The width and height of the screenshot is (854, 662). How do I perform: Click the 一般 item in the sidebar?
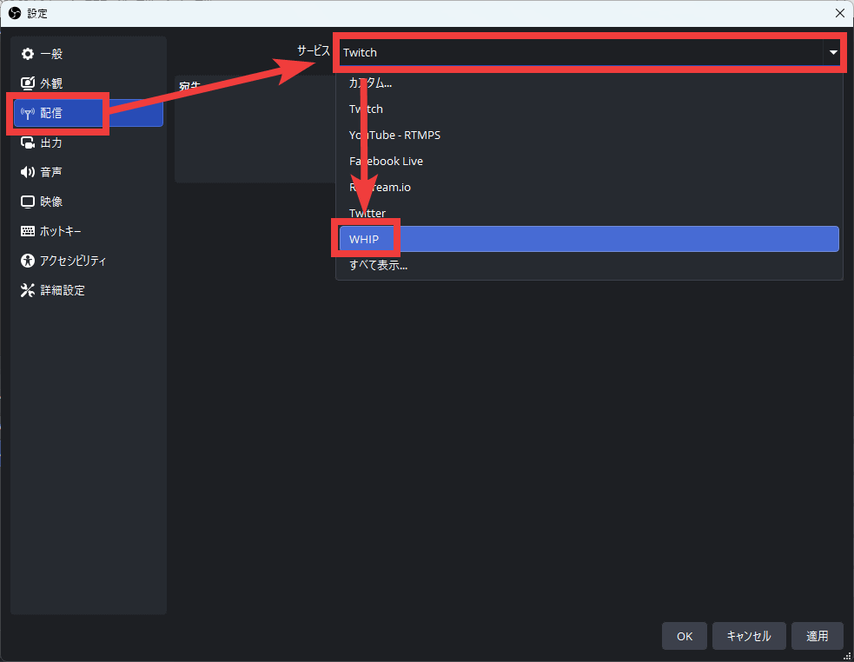(52, 54)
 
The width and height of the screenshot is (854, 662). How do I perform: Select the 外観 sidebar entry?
(52, 83)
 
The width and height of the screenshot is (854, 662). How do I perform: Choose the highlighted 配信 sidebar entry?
(52, 113)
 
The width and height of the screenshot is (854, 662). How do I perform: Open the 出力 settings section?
(52, 142)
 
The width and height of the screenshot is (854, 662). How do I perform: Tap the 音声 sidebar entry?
(52, 172)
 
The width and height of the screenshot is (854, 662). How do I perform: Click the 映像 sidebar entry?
(52, 202)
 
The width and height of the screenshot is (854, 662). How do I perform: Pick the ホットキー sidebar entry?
(61, 231)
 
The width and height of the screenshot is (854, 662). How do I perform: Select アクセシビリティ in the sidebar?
(73, 261)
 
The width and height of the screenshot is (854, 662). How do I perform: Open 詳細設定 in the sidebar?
(63, 290)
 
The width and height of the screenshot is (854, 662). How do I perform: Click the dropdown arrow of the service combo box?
(833, 52)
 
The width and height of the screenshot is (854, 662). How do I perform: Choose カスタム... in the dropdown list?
(371, 83)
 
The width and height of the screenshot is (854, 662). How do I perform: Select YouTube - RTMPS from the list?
(395, 136)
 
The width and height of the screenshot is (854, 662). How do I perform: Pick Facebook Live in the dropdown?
(387, 162)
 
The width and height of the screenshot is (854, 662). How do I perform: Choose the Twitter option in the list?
(367, 214)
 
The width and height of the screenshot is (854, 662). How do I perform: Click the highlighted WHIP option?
(365, 239)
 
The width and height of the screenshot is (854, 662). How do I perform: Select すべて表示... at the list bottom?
(379, 266)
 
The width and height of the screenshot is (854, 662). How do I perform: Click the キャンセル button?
(748, 636)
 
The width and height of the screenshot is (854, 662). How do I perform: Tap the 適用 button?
(817, 636)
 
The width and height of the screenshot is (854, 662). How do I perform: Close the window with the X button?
(839, 13)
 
